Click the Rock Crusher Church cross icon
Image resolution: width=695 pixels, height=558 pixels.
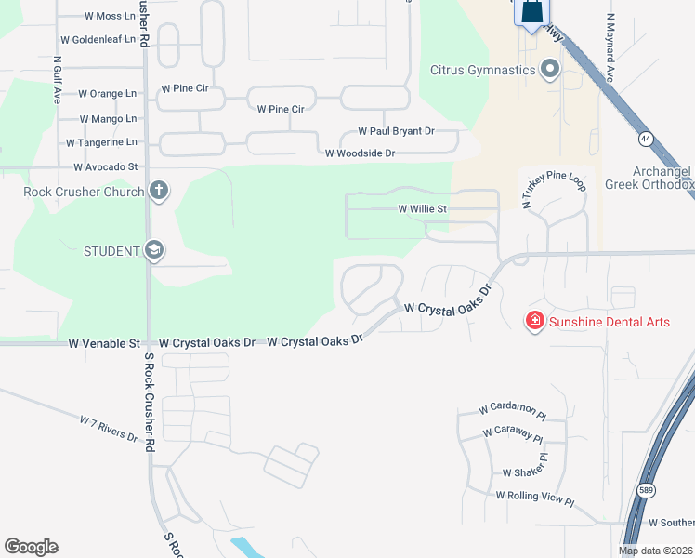click(159, 192)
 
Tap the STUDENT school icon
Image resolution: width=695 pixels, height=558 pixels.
click(154, 250)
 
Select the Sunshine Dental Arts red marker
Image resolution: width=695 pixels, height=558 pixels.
click(534, 322)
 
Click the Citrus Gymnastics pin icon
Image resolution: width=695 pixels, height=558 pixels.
click(550, 70)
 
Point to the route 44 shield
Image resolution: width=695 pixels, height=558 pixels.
click(645, 139)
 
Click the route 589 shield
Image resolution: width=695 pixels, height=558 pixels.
click(648, 489)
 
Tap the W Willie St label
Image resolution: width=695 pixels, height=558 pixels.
click(423, 209)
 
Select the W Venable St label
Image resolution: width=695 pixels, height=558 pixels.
click(104, 343)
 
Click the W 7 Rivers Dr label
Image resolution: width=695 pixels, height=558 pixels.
click(109, 430)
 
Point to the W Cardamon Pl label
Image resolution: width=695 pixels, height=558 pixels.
click(510, 409)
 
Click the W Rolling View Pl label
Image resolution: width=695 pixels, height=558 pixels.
click(535, 498)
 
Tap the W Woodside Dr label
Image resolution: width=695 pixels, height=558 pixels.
click(360, 153)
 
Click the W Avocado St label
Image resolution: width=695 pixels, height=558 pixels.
click(105, 166)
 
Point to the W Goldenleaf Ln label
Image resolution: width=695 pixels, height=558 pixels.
click(98, 40)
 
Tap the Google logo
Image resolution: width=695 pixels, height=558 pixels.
click(31, 547)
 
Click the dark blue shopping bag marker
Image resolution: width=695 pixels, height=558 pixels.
click(531, 13)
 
